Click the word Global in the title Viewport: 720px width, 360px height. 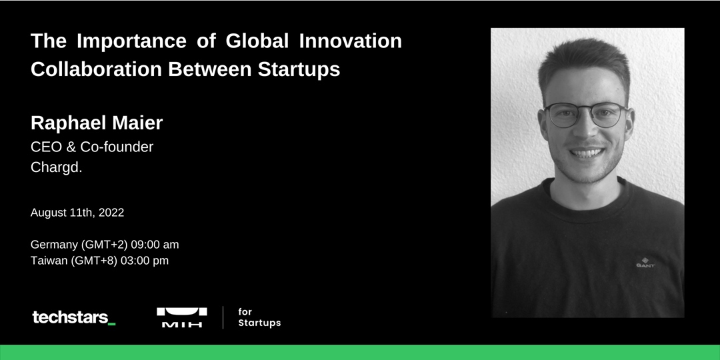257,41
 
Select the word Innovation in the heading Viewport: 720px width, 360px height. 351,41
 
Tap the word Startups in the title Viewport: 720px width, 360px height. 299,69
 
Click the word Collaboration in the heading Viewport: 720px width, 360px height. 96,69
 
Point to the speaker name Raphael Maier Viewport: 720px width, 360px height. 97,123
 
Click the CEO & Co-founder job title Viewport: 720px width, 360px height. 92,147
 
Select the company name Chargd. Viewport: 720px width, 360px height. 57,167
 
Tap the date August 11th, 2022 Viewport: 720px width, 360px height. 77,213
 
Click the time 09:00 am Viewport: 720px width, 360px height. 155,244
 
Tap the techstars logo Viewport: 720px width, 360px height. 73,317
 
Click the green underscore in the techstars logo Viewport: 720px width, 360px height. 111,324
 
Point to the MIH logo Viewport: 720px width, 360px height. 182,317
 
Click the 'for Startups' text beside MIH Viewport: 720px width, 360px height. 259,317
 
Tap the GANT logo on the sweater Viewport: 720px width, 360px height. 645,263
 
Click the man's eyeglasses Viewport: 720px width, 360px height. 586,115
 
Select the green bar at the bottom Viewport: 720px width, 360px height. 360,352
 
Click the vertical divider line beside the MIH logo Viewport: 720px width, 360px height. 223,317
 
